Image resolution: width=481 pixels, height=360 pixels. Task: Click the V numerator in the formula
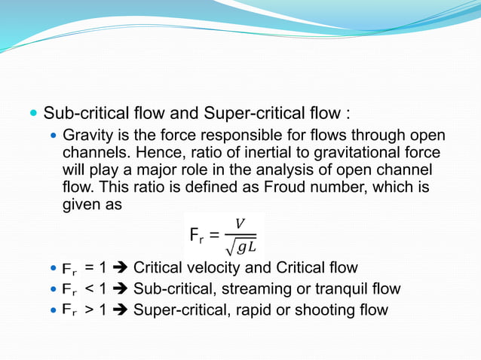click(240, 224)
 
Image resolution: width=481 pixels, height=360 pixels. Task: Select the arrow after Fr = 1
click(121, 268)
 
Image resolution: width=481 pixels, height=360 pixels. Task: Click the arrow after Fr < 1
click(121, 289)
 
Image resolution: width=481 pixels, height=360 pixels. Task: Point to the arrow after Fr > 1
click(121, 310)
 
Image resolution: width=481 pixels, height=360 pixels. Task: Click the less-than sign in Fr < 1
click(90, 289)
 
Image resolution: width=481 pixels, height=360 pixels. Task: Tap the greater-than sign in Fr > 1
click(90, 310)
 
